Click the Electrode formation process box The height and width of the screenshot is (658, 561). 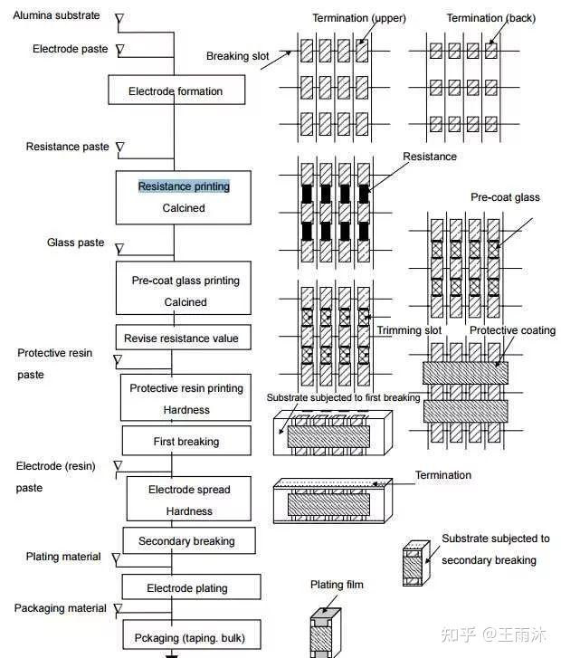pyautogui.click(x=175, y=91)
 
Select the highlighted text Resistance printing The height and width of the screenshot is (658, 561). pyautogui.click(x=184, y=186)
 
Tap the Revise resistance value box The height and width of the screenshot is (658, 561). pyautogui.click(x=183, y=339)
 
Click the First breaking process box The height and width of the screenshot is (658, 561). pyautogui.click(x=185, y=442)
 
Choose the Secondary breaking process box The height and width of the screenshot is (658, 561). pyautogui.click(x=186, y=541)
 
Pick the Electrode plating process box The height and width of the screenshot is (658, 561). pyautogui.click(x=187, y=588)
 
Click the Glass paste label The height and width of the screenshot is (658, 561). pyautogui.click(x=75, y=243)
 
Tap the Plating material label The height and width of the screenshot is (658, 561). pyautogui.click(x=63, y=557)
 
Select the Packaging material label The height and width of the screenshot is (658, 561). pyautogui.click(x=61, y=608)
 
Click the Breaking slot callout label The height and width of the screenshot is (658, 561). pyautogui.click(x=238, y=56)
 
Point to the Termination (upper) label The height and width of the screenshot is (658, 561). pyautogui.click(x=359, y=18)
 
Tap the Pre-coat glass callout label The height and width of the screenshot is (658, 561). pyautogui.click(x=505, y=197)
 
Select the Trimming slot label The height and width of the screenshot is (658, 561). pyautogui.click(x=409, y=330)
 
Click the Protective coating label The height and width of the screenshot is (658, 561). pyautogui.click(x=512, y=330)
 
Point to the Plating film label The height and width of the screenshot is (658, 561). pyautogui.click(x=337, y=585)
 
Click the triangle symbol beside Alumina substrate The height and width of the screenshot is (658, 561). pyautogui.click(x=119, y=18)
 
